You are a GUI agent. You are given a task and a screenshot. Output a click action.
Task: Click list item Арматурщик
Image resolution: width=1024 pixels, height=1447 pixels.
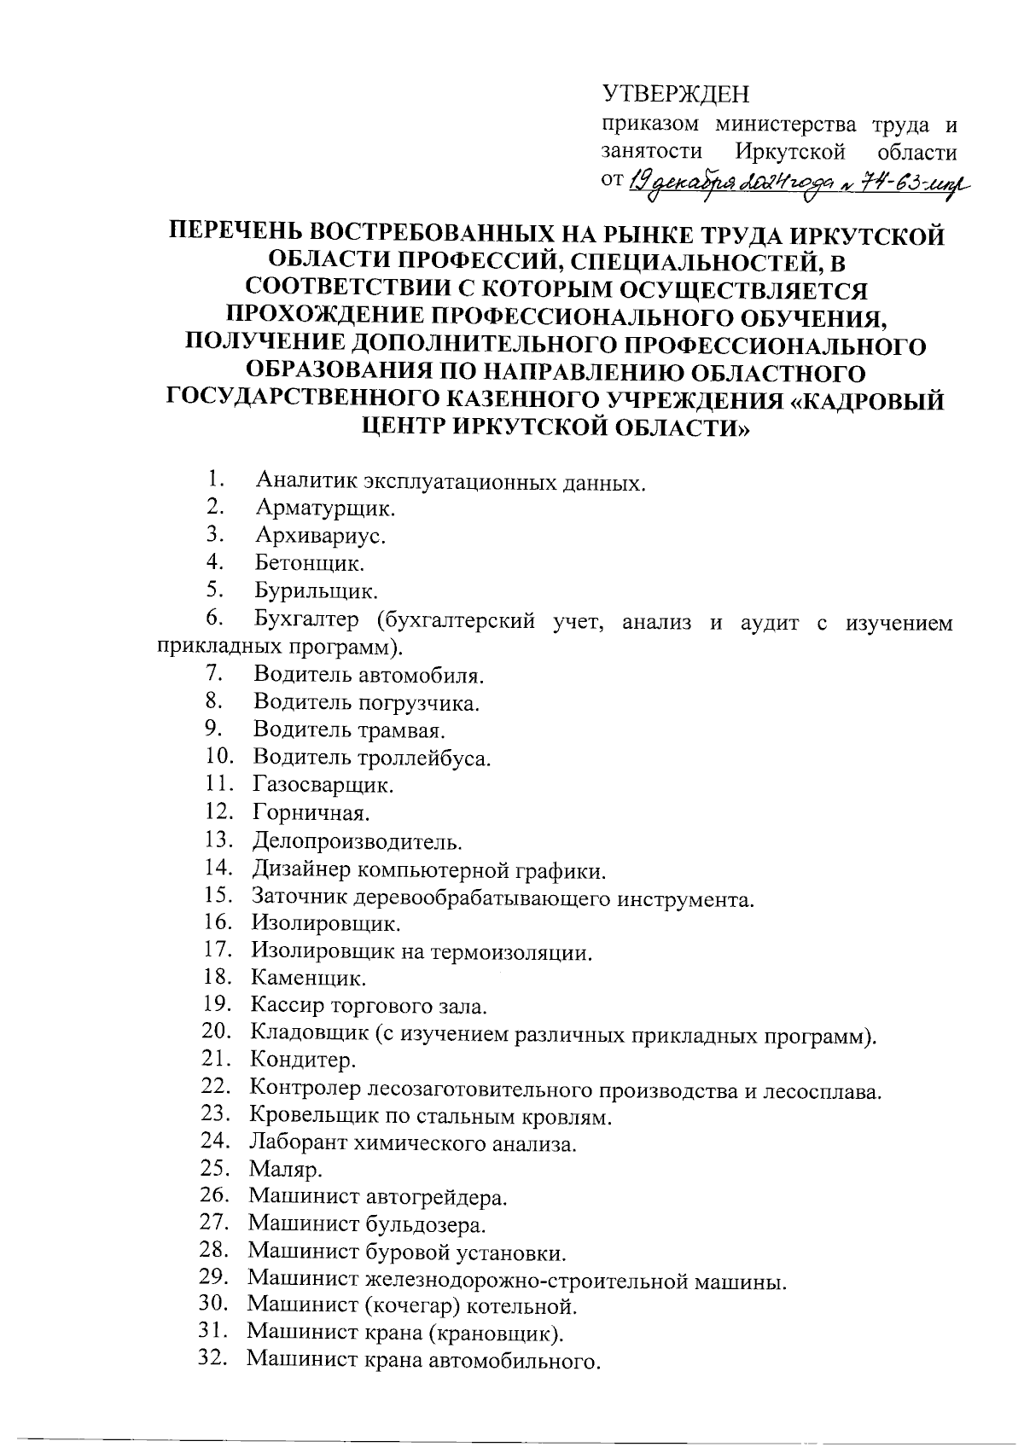point(325,509)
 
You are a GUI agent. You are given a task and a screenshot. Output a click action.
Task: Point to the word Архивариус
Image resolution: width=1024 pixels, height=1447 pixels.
point(320,537)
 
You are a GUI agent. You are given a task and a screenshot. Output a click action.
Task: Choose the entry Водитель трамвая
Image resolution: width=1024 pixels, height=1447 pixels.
point(350,731)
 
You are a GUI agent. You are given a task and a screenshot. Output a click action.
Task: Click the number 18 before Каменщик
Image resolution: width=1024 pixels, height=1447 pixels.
point(218,976)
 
